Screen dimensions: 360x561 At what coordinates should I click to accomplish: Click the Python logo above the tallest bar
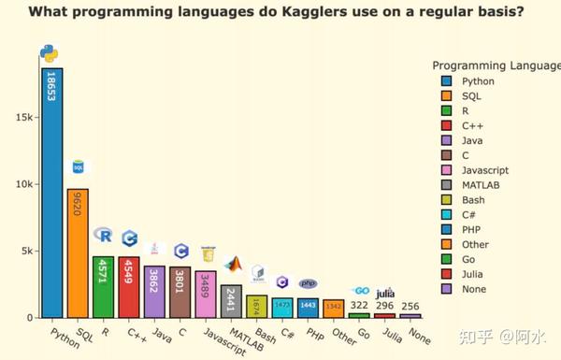pyautogui.click(x=49, y=54)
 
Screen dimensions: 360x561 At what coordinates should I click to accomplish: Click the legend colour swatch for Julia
pyautogui.click(x=445, y=274)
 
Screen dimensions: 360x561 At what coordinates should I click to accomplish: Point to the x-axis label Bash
pyautogui.click(x=265, y=334)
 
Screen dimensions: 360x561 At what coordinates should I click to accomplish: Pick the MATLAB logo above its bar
pyautogui.click(x=232, y=266)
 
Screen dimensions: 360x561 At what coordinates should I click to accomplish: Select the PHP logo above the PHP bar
pyautogui.click(x=308, y=283)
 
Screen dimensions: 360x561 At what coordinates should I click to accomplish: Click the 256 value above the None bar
pyautogui.click(x=410, y=305)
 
